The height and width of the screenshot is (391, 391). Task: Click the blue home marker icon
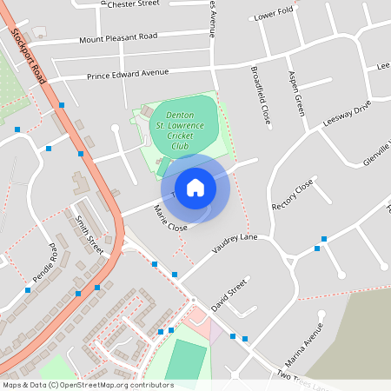coord(195,187)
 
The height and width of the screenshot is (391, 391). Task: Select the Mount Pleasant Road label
coord(118,37)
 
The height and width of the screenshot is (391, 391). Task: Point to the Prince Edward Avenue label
coord(127,74)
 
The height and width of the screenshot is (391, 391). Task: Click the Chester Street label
coord(132,4)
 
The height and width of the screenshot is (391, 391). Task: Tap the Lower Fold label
coord(275,16)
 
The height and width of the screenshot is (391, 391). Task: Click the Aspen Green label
coord(295,93)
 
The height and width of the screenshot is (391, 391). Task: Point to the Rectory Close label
coord(292,196)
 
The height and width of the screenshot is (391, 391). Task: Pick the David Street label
coord(229,295)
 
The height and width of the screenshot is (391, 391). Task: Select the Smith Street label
coord(89,235)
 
